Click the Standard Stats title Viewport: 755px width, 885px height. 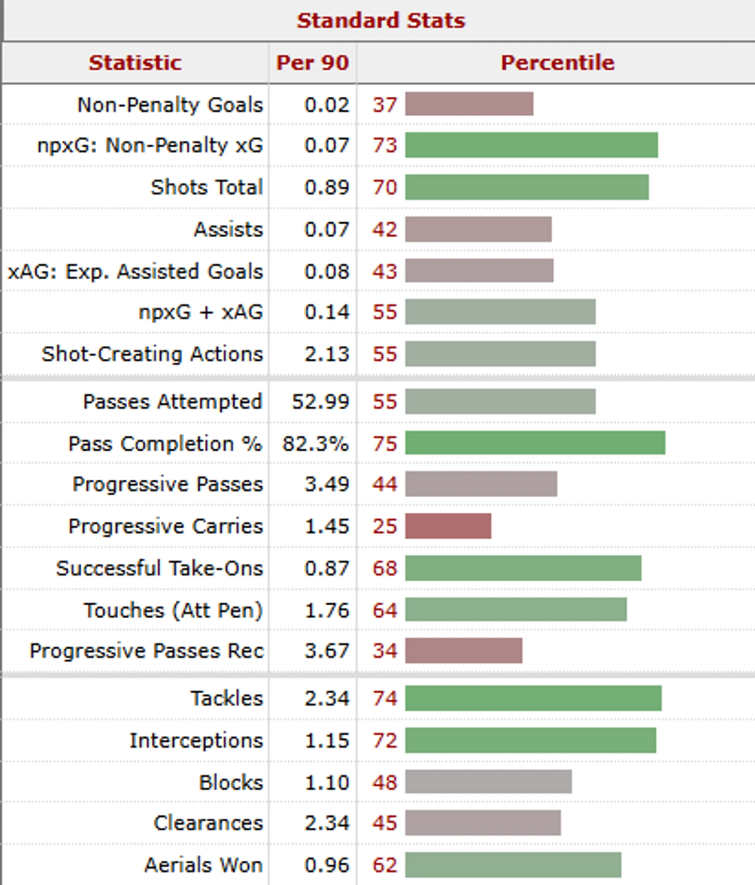click(x=381, y=21)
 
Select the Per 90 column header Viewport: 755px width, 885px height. click(x=312, y=63)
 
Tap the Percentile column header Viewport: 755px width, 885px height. click(x=557, y=63)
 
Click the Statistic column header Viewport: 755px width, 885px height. click(x=135, y=63)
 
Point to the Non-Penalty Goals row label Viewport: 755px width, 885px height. click(x=170, y=105)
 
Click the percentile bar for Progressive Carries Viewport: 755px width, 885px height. click(x=448, y=526)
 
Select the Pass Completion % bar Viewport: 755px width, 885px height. click(x=535, y=444)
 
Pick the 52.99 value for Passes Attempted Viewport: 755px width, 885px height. click(x=321, y=402)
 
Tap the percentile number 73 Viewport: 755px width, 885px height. click(x=385, y=145)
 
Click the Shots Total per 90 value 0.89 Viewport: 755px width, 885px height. click(x=327, y=187)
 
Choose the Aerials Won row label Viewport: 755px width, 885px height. click(x=203, y=865)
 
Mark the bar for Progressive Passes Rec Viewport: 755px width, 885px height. click(x=463, y=651)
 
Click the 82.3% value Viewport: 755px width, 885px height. click(x=315, y=444)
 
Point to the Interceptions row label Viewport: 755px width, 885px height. click(x=196, y=740)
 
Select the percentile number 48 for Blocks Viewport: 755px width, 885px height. click(x=385, y=782)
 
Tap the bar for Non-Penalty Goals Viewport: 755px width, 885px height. click(x=469, y=104)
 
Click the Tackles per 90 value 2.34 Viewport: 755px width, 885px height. click(x=327, y=698)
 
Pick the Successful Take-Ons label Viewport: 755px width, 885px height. click(x=159, y=568)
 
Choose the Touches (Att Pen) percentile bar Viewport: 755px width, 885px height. click(x=516, y=610)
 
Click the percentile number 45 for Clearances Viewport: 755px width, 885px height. click(x=385, y=823)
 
